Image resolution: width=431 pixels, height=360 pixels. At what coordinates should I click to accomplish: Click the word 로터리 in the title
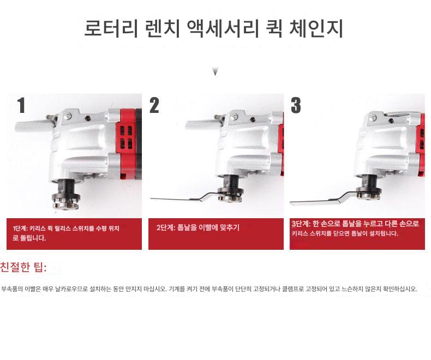111,28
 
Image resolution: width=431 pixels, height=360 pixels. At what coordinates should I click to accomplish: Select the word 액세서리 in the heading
223,28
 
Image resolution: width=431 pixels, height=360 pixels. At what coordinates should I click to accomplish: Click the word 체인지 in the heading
316,28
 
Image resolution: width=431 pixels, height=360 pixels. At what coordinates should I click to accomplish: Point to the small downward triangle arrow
215,71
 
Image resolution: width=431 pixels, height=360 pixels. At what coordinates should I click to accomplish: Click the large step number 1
21,105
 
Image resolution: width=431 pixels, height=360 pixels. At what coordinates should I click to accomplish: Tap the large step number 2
154,105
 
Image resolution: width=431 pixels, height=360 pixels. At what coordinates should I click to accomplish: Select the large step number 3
296,105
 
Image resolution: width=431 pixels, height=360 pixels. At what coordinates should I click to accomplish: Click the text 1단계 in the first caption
19,229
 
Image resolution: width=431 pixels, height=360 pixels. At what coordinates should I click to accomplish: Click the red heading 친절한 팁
23,267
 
